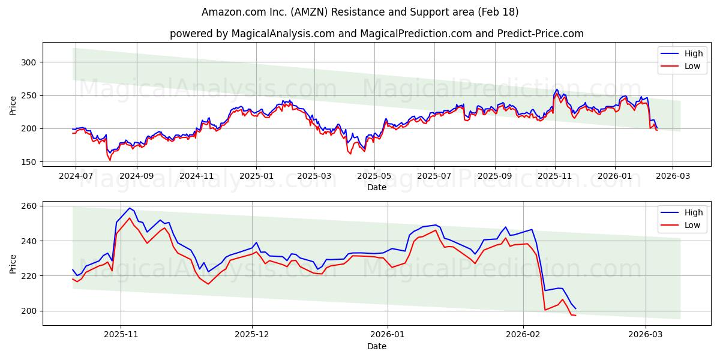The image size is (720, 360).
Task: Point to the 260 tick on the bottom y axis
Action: point(30,206)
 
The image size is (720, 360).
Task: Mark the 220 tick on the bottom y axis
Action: point(30,276)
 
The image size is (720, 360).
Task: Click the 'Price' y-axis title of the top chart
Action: point(13,106)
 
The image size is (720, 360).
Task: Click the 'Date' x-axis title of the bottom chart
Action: point(376,346)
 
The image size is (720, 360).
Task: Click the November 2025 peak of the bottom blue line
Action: point(130,208)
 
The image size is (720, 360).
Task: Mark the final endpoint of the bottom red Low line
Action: point(575,315)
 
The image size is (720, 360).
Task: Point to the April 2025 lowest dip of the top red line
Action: point(350,154)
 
